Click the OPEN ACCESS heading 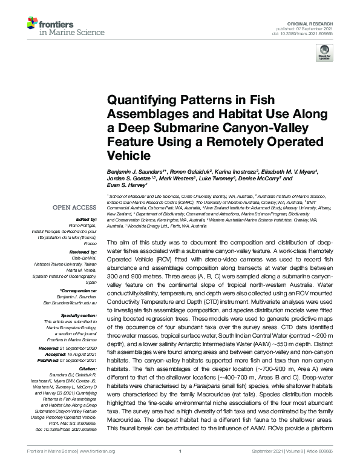(74, 208)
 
